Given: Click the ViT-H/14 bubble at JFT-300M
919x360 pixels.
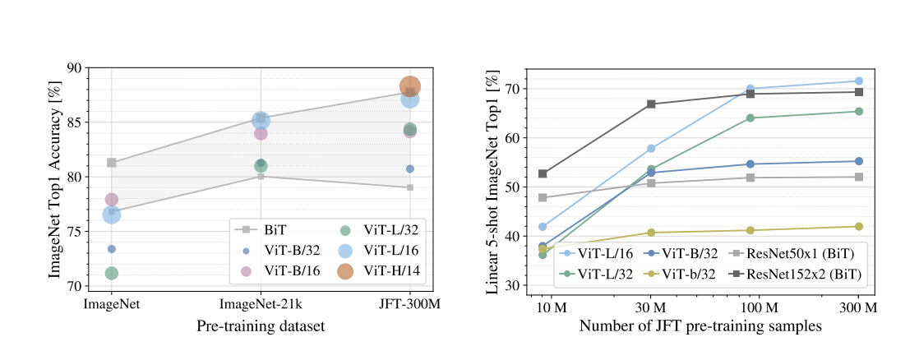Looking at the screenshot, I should point(410,86).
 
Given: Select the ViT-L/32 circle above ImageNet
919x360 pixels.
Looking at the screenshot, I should point(112,273).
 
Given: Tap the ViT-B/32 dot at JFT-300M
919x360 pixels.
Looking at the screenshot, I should point(410,168).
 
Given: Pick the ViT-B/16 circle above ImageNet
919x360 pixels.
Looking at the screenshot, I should point(112,200).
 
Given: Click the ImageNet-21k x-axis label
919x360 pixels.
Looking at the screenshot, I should point(261,304).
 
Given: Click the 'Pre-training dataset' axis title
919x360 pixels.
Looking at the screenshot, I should point(261,326).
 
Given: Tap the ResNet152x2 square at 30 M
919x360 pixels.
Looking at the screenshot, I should point(651,104).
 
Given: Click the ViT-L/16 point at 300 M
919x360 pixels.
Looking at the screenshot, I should point(858,81).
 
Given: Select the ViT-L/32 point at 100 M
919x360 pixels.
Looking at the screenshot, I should point(750,118).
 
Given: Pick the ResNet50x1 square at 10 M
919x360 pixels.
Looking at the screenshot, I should point(543,197).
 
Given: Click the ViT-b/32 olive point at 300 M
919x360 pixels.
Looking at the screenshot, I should point(858,226).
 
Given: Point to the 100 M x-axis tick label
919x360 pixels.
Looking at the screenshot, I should point(750,307).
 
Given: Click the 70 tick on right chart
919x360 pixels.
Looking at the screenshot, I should point(515,89).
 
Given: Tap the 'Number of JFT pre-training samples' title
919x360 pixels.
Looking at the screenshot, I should point(700,326).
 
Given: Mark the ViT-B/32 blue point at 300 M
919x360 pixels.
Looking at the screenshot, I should point(858,161).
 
